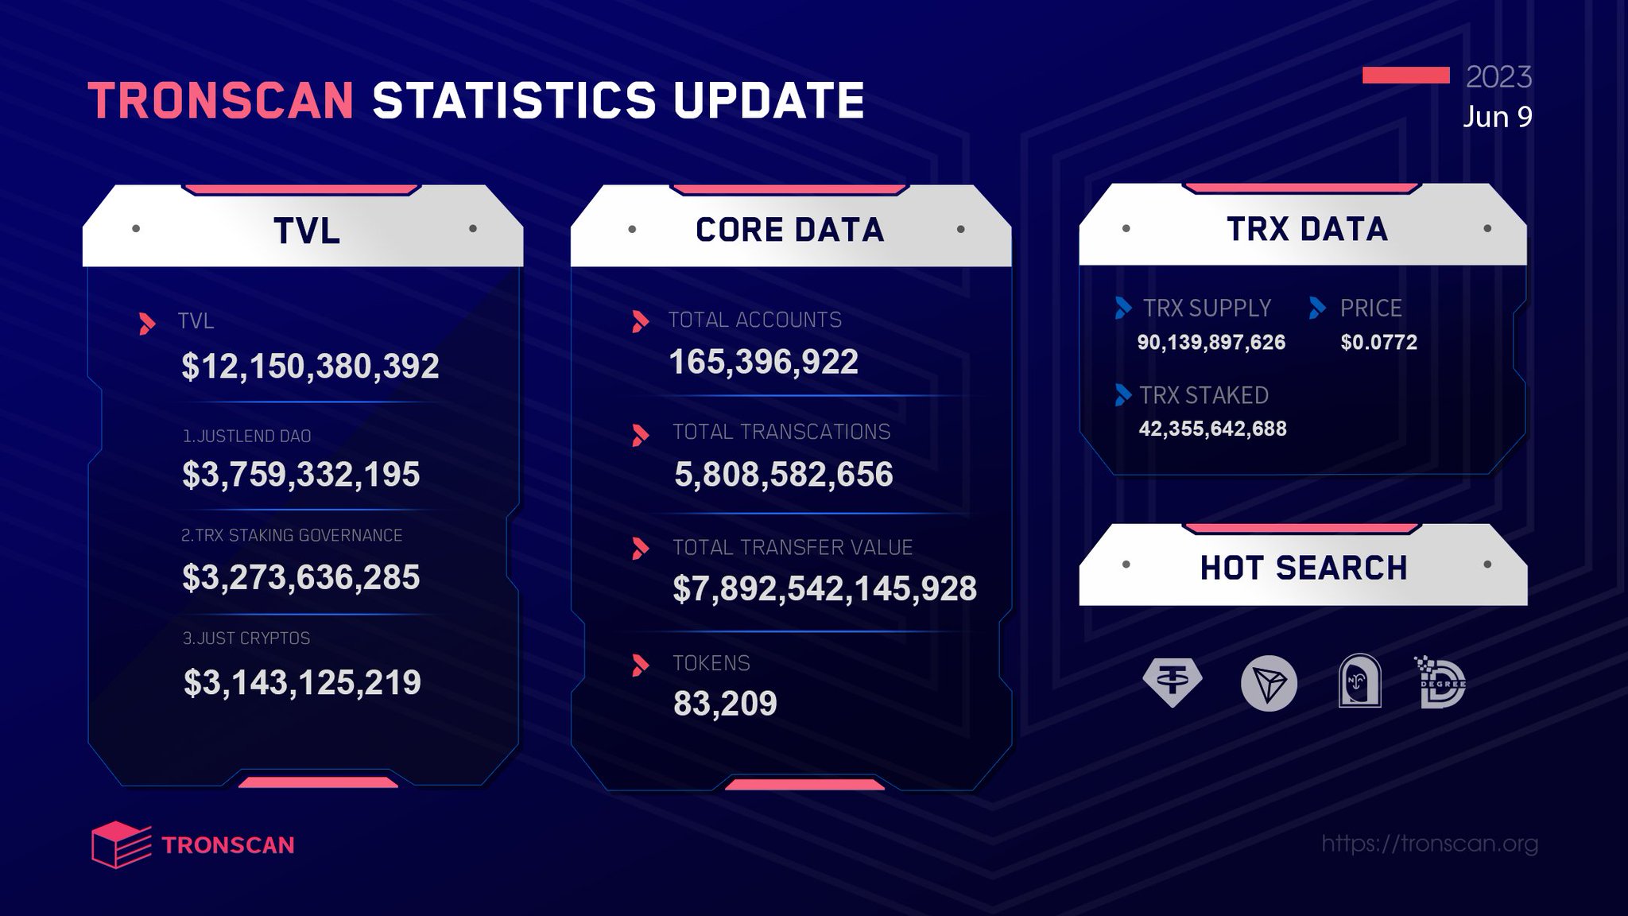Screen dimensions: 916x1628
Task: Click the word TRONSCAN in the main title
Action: click(221, 101)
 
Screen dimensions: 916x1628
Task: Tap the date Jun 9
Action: click(1497, 117)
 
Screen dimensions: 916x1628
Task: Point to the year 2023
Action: click(1498, 76)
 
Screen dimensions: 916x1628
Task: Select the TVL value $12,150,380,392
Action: click(310, 366)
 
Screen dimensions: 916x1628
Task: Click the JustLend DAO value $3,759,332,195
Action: click(300, 474)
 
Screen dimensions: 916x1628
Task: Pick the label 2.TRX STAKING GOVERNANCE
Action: click(291, 535)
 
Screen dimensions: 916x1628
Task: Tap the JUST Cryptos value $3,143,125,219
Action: click(302, 682)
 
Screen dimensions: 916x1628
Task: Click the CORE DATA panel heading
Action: click(789, 230)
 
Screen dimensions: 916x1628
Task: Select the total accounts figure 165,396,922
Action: click(763, 362)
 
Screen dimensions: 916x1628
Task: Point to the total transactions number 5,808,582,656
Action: click(783, 474)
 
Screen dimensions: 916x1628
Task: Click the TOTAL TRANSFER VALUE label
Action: click(792, 547)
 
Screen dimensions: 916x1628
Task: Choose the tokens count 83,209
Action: click(724, 703)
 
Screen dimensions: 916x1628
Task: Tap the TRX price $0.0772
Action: click(1378, 343)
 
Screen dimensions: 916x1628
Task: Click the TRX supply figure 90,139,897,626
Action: click(1211, 343)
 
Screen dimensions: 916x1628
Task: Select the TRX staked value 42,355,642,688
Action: click(1212, 429)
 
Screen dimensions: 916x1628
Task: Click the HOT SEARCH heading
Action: click(1303, 568)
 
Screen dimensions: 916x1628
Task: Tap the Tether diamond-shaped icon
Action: click(1172, 682)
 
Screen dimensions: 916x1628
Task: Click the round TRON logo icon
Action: click(1269, 683)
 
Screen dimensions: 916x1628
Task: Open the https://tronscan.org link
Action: click(1429, 843)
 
